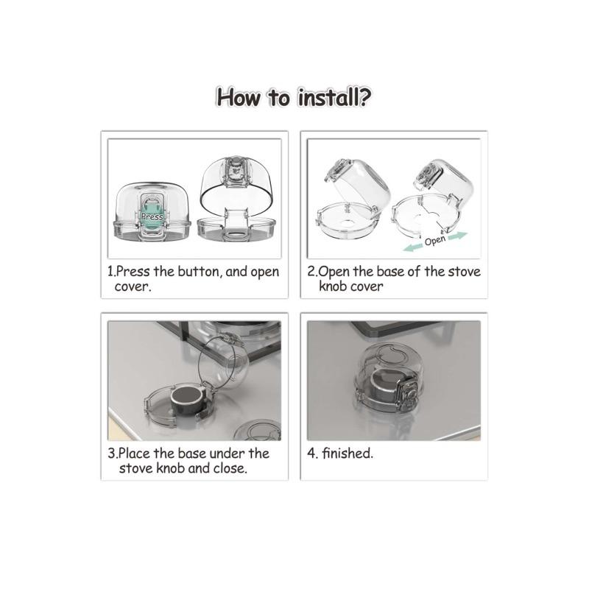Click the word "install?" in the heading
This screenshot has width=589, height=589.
point(334,98)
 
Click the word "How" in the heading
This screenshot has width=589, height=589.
point(239,98)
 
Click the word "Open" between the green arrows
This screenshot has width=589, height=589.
point(435,241)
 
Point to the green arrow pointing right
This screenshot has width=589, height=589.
point(457,236)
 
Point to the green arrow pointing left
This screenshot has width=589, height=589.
point(413,247)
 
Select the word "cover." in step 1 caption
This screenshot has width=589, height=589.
point(133,286)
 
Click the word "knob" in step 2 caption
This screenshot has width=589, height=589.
point(334,286)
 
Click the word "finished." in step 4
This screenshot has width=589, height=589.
point(348,453)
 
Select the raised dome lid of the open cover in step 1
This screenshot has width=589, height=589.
point(236,185)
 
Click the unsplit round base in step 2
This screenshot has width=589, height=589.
point(346,220)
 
